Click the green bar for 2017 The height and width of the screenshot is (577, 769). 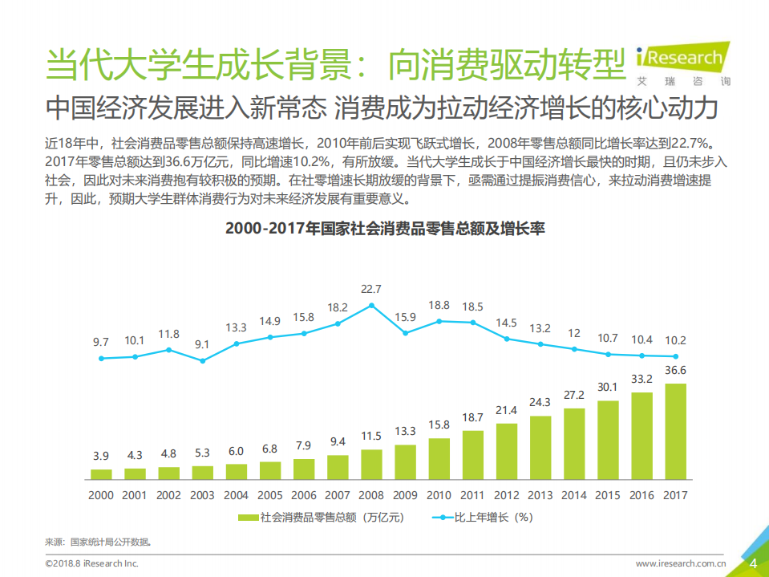click(x=675, y=431)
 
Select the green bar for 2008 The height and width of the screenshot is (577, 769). click(x=371, y=464)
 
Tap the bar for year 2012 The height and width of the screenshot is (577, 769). click(x=507, y=450)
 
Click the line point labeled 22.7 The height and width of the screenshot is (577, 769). click(x=371, y=305)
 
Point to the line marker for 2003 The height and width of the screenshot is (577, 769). click(x=202, y=360)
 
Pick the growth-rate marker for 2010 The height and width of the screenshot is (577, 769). click(x=439, y=321)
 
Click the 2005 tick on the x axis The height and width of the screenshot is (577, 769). click(x=269, y=496)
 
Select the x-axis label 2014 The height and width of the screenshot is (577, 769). click(x=574, y=496)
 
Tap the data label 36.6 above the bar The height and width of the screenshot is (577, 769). click(x=675, y=370)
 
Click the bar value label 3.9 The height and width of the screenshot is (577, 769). click(x=100, y=456)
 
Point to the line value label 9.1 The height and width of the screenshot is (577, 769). click(x=202, y=344)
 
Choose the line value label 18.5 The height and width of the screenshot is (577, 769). click(x=473, y=307)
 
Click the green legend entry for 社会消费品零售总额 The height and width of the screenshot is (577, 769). click(x=321, y=518)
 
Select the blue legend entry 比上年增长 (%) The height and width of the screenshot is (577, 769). click(x=482, y=518)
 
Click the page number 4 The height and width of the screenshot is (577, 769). click(x=753, y=563)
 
